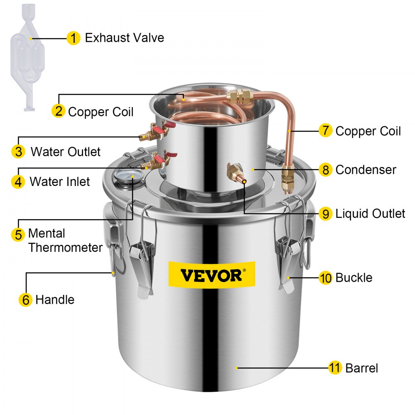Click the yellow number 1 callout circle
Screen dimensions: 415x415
(x=73, y=39)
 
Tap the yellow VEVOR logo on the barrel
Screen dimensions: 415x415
(x=211, y=274)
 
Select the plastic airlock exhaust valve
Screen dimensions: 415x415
(x=29, y=58)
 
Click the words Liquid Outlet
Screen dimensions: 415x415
(x=370, y=214)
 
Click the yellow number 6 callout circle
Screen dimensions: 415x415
(x=26, y=300)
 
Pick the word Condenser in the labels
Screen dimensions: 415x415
(x=366, y=169)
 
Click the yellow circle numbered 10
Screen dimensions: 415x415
(x=326, y=278)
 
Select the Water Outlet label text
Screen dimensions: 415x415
(x=66, y=151)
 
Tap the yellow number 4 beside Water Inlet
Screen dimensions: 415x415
(x=18, y=182)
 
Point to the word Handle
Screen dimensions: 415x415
(x=55, y=300)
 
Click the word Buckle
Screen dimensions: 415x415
(x=354, y=278)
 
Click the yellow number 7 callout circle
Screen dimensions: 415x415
(x=325, y=131)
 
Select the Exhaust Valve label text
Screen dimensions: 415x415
(x=124, y=38)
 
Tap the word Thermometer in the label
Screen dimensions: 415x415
(x=66, y=248)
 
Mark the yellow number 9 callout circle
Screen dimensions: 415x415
(x=326, y=214)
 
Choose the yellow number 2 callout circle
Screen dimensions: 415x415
(x=59, y=111)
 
